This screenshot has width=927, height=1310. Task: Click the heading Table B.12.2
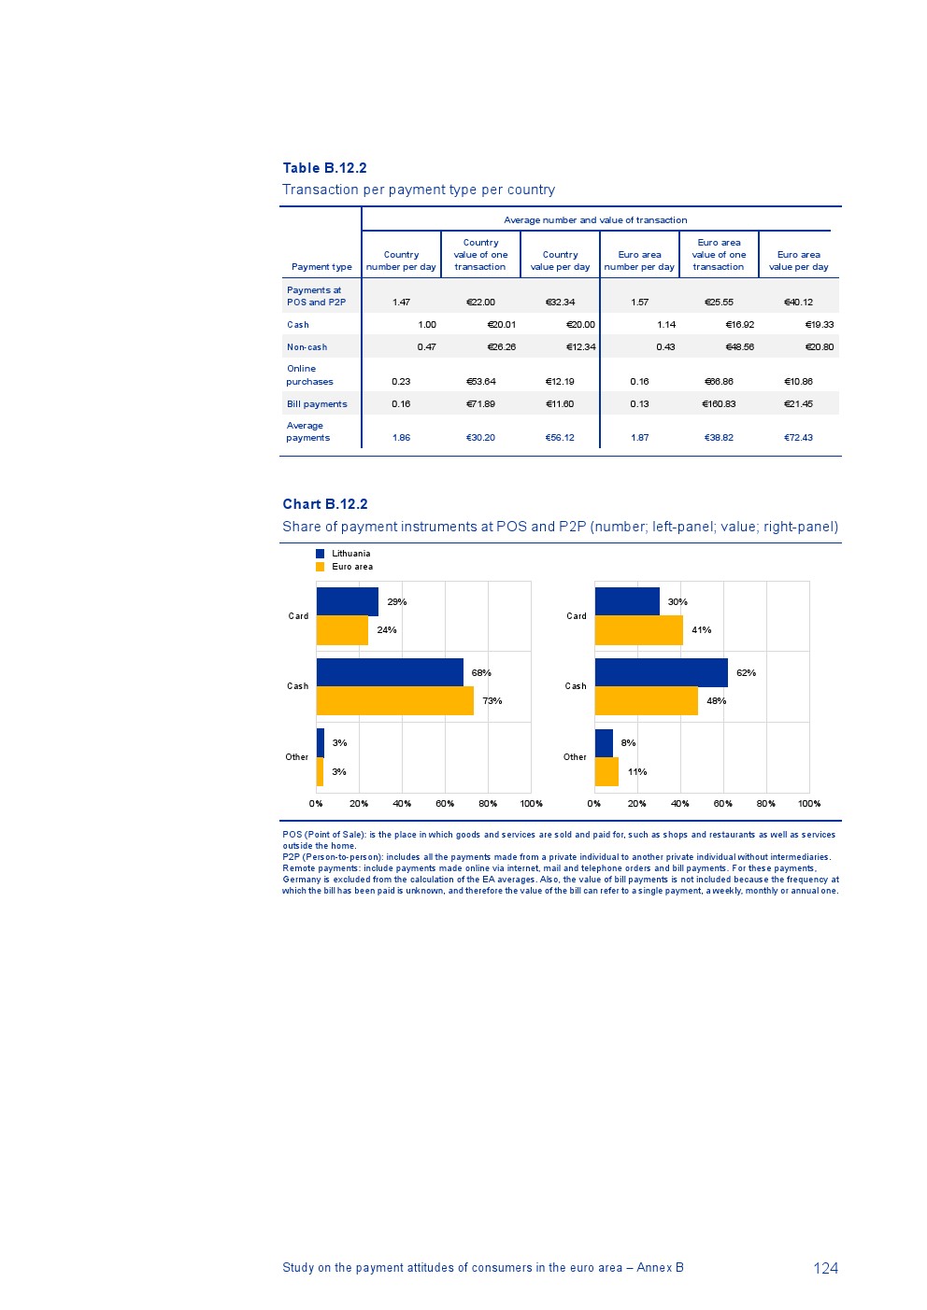[x=324, y=168]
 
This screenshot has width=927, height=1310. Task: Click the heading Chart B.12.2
[x=325, y=504]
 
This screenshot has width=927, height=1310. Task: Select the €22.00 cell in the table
[x=480, y=303]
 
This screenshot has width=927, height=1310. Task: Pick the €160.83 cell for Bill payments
[x=719, y=404]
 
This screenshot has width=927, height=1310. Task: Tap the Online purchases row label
[x=309, y=375]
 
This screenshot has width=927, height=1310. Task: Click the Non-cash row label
[x=307, y=347]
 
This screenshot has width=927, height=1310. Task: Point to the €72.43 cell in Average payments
[x=798, y=438]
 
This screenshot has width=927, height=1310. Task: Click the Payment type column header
[x=321, y=267]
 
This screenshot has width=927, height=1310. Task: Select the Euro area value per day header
[x=798, y=261]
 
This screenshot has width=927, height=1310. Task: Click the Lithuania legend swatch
[x=320, y=554]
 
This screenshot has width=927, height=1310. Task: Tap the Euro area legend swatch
[x=320, y=567]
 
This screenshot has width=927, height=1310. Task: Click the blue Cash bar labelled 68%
[x=390, y=672]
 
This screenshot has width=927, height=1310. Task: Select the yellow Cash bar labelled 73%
[x=394, y=701]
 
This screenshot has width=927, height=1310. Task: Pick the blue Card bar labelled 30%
[x=627, y=601]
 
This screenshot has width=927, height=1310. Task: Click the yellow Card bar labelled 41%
[x=638, y=630]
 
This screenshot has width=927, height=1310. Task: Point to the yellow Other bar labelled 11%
[x=606, y=772]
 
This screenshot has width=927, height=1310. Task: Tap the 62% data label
[x=746, y=673]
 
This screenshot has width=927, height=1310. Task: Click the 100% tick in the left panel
[x=531, y=804]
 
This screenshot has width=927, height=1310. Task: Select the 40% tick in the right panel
[x=680, y=804]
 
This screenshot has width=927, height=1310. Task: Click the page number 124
[x=825, y=1268]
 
